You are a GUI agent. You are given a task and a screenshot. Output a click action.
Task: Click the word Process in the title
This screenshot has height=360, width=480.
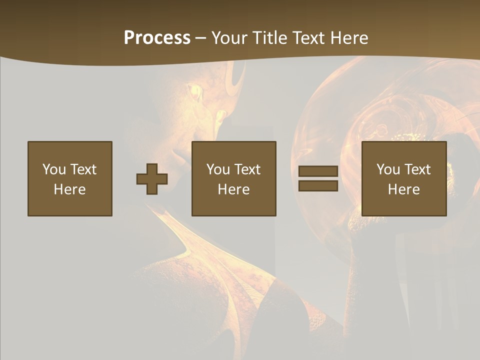[157, 38]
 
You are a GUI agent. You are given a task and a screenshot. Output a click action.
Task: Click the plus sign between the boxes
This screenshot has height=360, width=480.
[152, 179]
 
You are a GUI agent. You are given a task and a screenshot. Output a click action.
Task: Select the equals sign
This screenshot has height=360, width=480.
[318, 178]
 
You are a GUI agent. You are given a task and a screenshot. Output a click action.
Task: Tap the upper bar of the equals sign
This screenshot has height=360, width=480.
[318, 171]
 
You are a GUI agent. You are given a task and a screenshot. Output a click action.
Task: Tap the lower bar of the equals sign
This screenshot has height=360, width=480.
[318, 185]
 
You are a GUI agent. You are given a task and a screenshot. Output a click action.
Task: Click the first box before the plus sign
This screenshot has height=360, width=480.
[70, 178]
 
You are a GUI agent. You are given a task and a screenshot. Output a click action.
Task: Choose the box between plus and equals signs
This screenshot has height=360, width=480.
[234, 178]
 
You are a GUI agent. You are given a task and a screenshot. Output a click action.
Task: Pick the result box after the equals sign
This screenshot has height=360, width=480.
[404, 178]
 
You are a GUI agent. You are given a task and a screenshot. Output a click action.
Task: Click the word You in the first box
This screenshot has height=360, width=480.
[54, 169]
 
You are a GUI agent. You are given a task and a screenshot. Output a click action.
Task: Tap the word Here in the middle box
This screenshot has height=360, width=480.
[234, 189]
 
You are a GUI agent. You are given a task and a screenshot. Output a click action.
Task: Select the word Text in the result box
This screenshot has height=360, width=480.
[418, 169]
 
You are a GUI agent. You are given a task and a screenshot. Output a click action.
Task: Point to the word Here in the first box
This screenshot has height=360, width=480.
[70, 189]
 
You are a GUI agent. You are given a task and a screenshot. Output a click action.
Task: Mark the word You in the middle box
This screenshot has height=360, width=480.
[218, 169]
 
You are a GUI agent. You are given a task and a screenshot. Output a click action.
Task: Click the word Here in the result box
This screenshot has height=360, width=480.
[404, 189]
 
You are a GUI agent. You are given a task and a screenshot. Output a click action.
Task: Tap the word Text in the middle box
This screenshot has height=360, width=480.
[248, 169]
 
